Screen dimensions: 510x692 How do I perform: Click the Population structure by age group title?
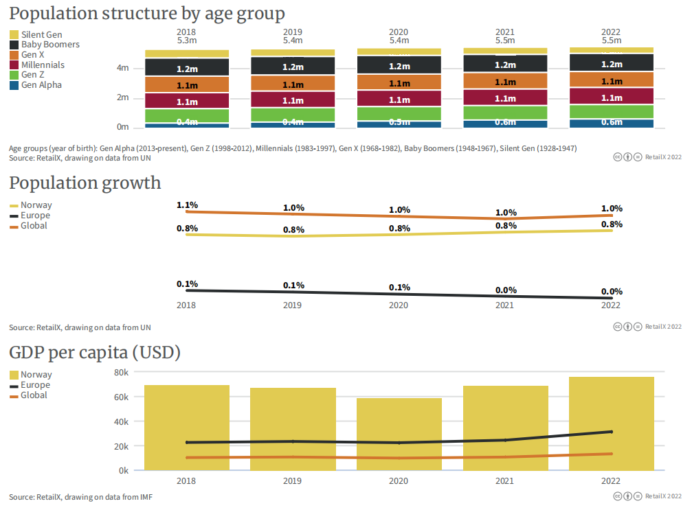146,14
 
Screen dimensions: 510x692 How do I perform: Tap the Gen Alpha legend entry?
41,85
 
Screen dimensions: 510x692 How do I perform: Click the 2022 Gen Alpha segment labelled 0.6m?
612,123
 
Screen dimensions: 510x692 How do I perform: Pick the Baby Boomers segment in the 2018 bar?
187,67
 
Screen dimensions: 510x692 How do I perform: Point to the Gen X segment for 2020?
399,83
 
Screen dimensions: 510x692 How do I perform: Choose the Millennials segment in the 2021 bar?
505,98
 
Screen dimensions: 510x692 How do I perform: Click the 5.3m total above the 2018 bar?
187,41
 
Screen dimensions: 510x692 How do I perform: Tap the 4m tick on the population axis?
123,68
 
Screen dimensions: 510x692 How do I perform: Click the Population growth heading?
85,183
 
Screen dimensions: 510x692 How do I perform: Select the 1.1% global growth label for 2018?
187,205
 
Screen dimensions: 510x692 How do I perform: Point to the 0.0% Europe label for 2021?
506,290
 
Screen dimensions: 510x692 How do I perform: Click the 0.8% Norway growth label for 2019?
293,229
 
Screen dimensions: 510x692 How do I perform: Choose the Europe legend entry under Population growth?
35,216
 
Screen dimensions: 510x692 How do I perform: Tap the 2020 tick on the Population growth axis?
399,306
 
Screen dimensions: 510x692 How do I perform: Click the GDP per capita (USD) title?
95,353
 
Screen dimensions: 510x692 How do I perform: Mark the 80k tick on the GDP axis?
122,372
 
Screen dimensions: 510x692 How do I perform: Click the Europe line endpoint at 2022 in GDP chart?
611,432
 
